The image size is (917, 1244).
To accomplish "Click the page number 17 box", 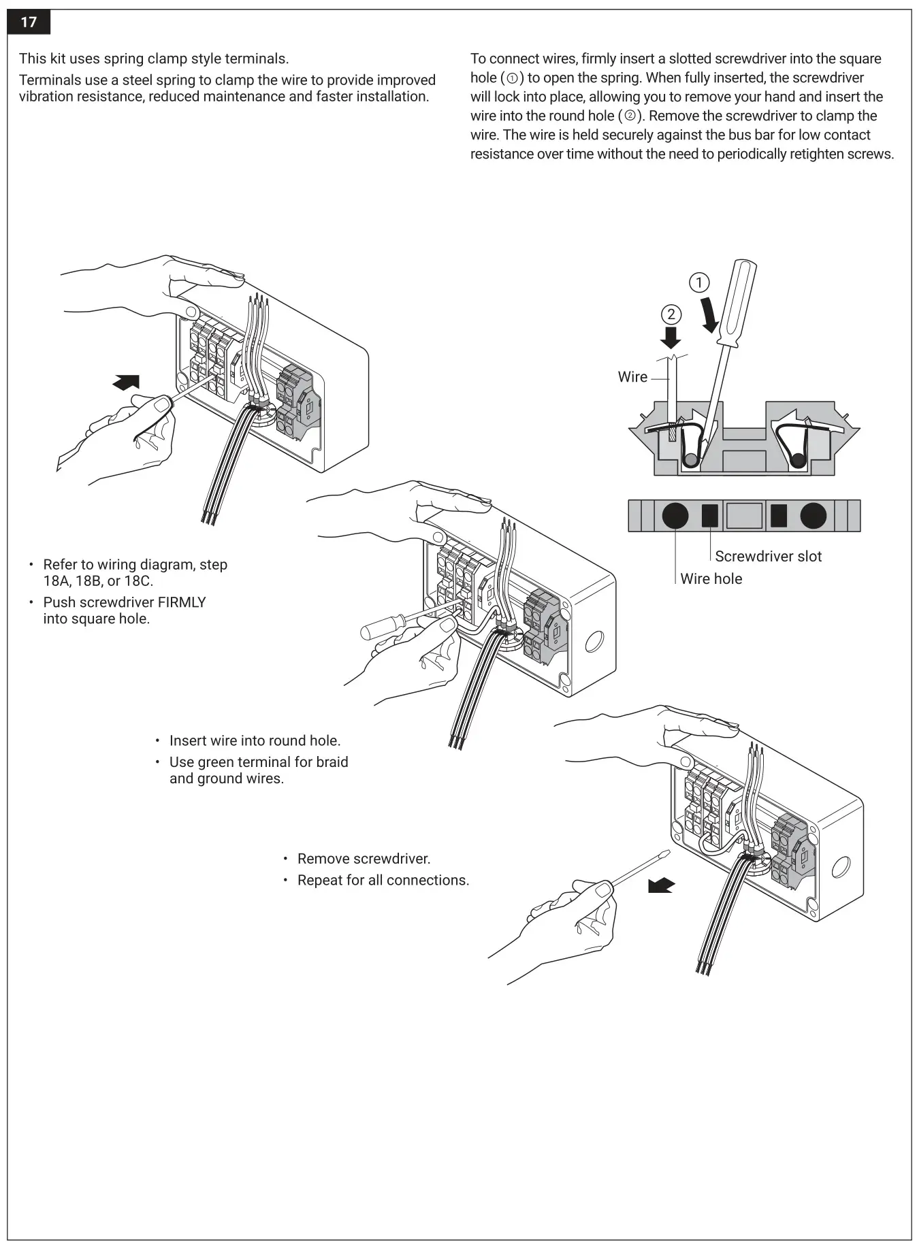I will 29,22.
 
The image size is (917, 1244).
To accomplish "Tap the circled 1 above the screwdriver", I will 699,282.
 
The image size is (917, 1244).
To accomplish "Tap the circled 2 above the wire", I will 671,314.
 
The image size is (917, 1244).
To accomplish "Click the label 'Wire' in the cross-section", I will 632,377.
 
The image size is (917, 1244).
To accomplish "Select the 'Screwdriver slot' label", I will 768,557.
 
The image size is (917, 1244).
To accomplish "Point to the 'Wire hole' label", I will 711,579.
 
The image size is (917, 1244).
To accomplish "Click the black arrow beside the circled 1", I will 709,314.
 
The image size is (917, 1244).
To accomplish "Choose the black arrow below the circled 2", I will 671,338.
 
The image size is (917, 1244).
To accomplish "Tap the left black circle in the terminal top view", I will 675,515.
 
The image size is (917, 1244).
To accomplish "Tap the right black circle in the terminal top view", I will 813,515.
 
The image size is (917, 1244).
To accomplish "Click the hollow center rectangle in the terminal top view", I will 744,515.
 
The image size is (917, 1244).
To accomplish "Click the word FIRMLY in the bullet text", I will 182,602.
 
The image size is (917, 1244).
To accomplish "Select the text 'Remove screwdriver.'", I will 364,859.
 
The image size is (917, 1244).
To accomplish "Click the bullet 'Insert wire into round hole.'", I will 255,740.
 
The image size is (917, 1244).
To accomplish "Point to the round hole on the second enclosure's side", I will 594,640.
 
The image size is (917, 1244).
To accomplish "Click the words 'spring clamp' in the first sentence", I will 144,59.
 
